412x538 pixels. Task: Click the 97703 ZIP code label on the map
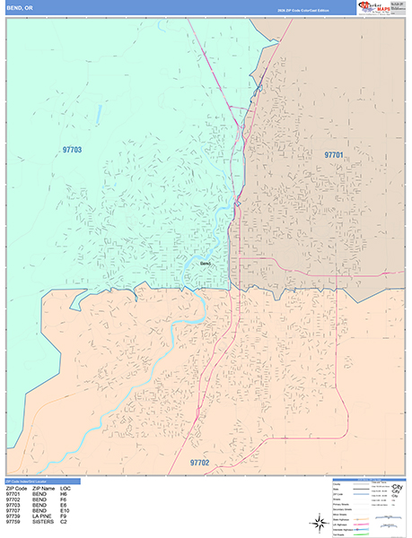click(72, 151)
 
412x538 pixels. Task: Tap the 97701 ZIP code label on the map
click(334, 155)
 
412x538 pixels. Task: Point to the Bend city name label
click(205, 264)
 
